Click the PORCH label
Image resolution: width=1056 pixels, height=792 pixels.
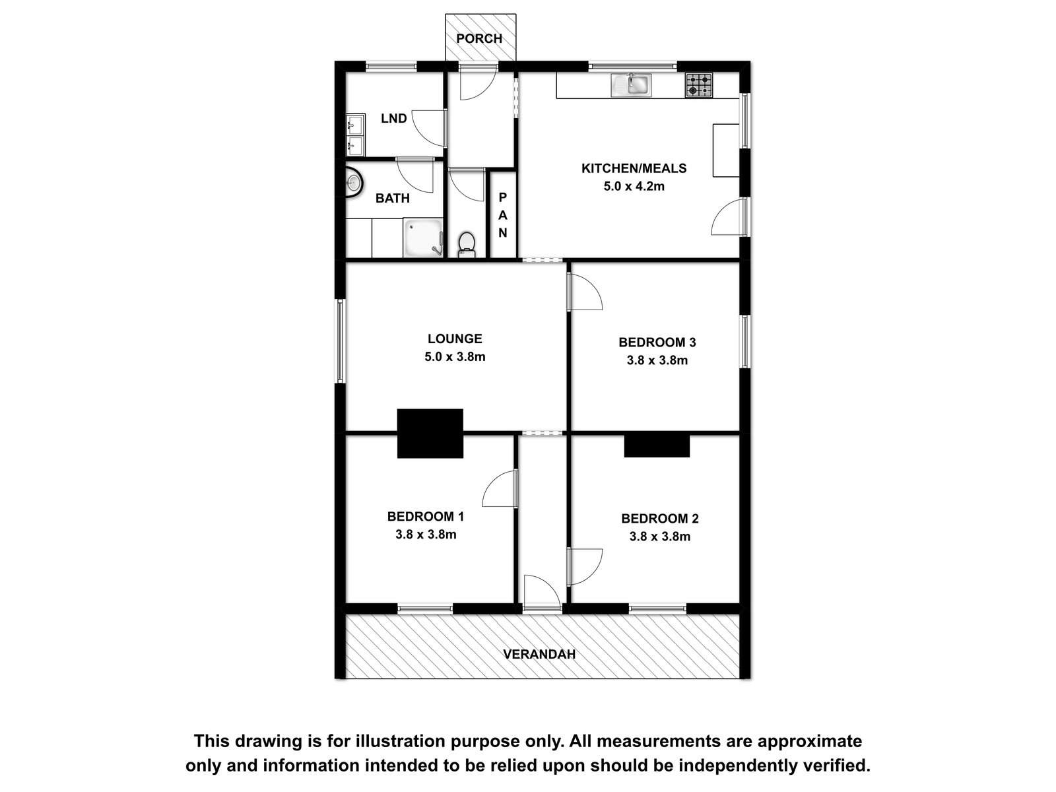tap(478, 38)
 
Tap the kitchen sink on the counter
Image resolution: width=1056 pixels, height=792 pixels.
tap(631, 85)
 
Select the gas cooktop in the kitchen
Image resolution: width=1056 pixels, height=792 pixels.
tap(698, 86)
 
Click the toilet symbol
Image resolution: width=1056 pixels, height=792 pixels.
tap(467, 245)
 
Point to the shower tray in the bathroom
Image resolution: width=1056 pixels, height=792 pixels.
tap(423, 238)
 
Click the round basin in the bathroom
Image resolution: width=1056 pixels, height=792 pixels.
tap(354, 182)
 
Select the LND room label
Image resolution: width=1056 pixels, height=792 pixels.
tap(393, 118)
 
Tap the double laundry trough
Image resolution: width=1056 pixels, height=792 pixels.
tap(356, 135)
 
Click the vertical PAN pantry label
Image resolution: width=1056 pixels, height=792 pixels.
tap(502, 214)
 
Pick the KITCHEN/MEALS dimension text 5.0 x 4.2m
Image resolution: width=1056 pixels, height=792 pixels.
tap(634, 186)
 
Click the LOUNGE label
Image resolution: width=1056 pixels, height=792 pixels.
tap(455, 339)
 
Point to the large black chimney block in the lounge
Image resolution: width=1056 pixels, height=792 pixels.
tap(430, 433)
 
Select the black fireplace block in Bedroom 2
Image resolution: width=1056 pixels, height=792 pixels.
tap(657, 445)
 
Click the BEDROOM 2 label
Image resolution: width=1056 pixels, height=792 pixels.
tap(659, 518)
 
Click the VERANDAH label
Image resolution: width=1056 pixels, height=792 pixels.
tap(539, 654)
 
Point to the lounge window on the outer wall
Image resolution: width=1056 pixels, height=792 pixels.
tap(341, 341)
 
